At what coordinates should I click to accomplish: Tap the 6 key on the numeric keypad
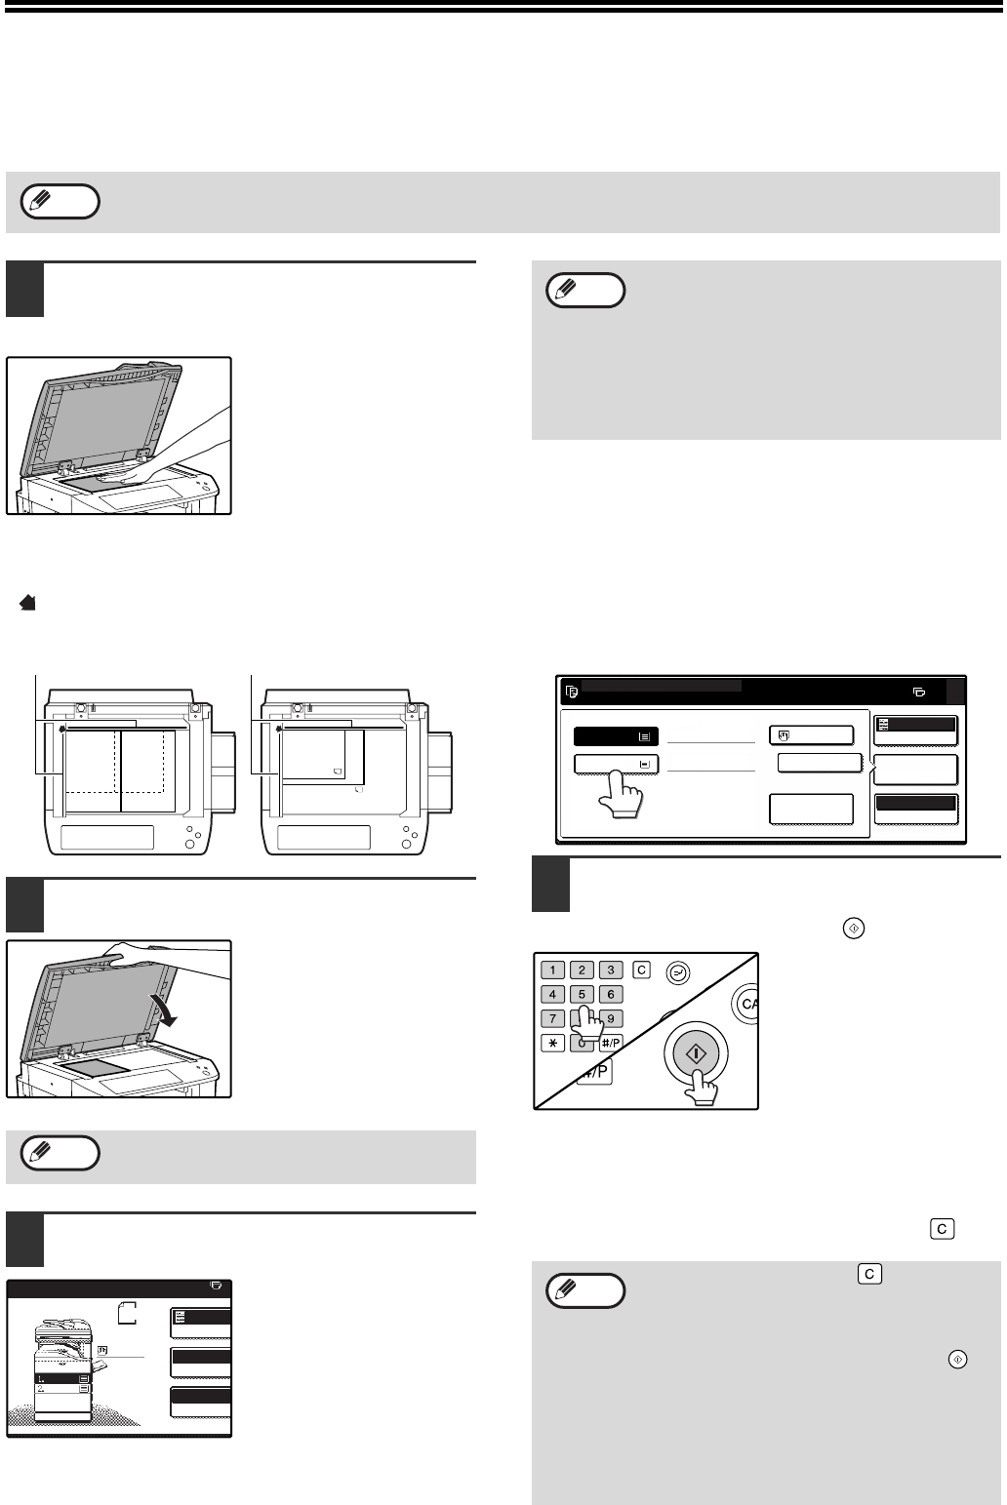click(x=611, y=994)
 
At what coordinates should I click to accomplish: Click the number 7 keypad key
click(x=552, y=1018)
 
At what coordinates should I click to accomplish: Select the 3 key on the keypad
click(x=611, y=970)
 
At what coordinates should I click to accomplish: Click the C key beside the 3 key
click(x=641, y=970)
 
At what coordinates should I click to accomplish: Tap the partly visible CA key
click(x=746, y=1004)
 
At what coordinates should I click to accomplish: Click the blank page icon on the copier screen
click(x=127, y=1313)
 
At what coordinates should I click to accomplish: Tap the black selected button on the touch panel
click(x=616, y=736)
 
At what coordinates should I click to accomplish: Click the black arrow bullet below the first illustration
click(x=27, y=603)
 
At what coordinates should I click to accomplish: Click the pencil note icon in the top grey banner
click(x=60, y=202)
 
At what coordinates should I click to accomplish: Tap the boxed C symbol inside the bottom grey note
click(x=869, y=1274)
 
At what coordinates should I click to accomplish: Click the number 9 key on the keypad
click(x=611, y=1018)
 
